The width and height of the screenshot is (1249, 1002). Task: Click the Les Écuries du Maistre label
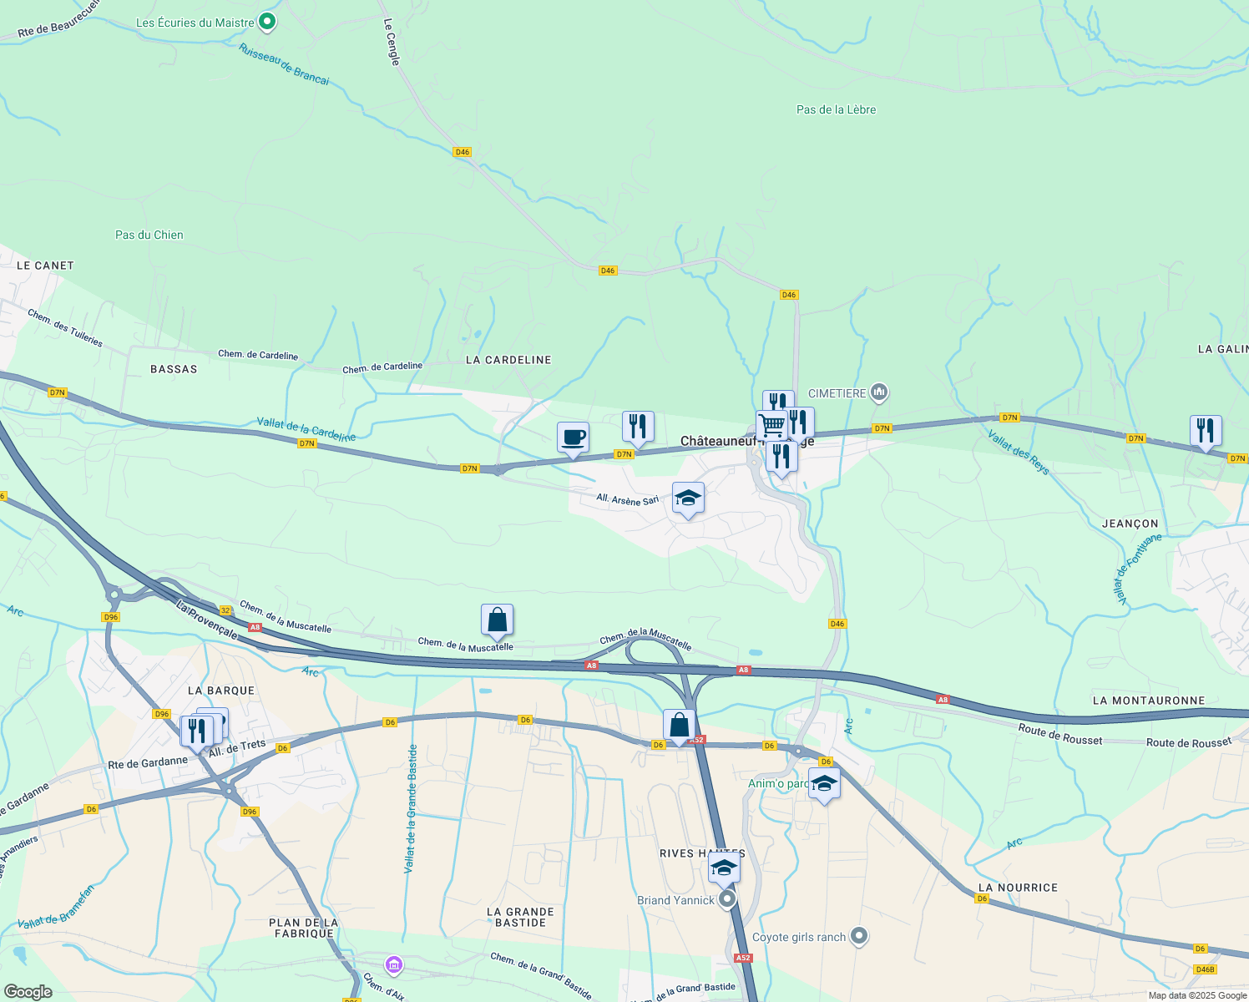[195, 23]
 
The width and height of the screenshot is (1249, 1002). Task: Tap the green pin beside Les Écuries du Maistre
[267, 22]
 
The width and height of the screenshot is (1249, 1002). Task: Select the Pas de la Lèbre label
[836, 109]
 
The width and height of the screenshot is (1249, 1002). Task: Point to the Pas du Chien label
[149, 235]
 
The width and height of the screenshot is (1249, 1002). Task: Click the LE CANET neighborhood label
[45, 266]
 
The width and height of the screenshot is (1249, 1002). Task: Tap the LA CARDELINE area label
[508, 360]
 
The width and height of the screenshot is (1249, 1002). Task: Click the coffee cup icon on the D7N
[573, 438]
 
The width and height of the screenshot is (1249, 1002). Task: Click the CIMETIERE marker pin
[878, 392]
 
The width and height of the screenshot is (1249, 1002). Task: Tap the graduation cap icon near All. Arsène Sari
[687, 498]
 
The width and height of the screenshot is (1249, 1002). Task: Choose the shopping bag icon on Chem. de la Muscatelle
[497, 620]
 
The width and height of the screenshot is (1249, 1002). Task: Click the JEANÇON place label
[1130, 524]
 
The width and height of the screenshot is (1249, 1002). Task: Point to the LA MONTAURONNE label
[1148, 701]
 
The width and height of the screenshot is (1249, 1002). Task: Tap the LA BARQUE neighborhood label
[221, 691]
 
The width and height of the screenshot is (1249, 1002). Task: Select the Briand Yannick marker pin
[727, 899]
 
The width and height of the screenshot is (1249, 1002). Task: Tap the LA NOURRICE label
[1017, 888]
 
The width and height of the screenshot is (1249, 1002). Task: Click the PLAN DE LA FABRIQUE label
[303, 928]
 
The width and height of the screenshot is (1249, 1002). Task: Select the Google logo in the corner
[28, 991]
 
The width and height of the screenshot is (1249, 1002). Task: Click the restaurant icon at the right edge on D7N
[1205, 431]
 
